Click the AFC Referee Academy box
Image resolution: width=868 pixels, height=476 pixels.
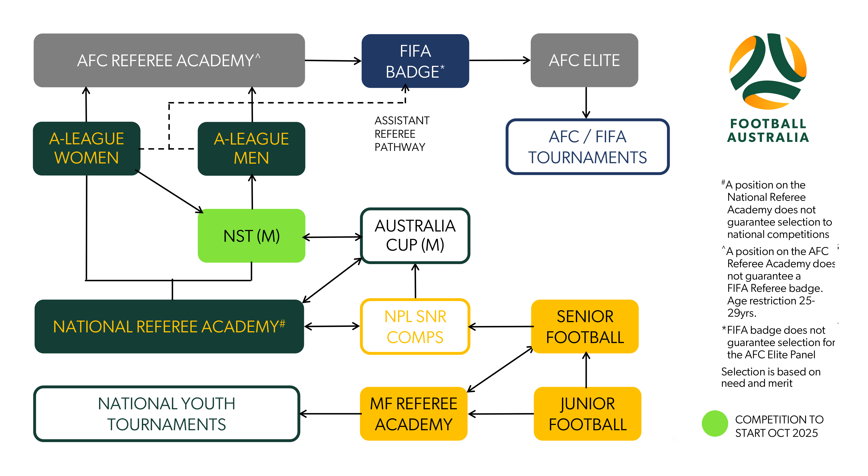tap(169, 60)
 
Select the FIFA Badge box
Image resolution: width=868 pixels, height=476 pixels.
tap(415, 61)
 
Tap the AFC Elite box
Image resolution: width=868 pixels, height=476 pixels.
tap(584, 60)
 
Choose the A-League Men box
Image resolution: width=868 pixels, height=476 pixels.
tap(251, 149)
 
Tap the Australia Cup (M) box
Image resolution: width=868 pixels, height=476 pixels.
tap(415, 235)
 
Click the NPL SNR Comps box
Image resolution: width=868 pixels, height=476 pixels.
tap(415, 326)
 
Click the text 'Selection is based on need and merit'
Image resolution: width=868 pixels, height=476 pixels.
tap(770, 377)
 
